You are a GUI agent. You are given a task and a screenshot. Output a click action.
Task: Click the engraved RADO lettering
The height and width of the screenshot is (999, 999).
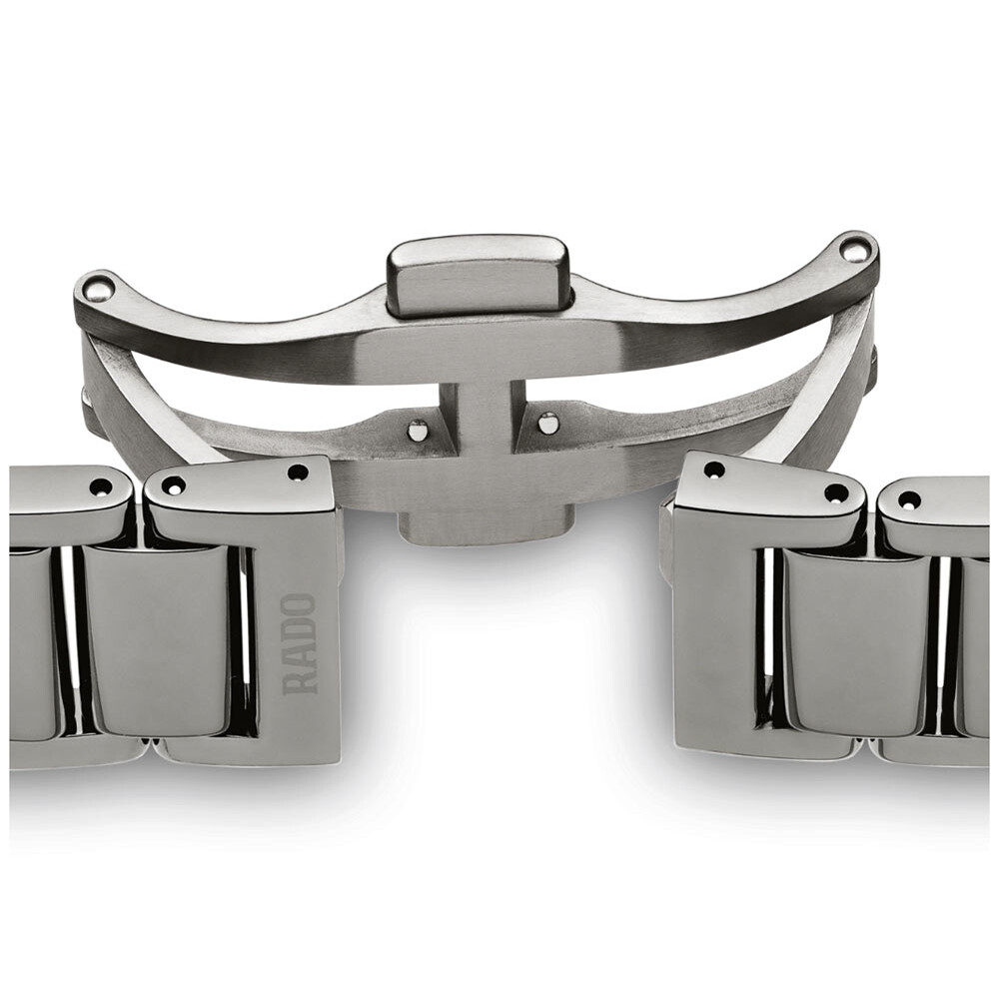coord(300,643)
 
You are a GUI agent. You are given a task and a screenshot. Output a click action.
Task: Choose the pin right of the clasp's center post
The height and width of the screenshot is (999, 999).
coord(547,422)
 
